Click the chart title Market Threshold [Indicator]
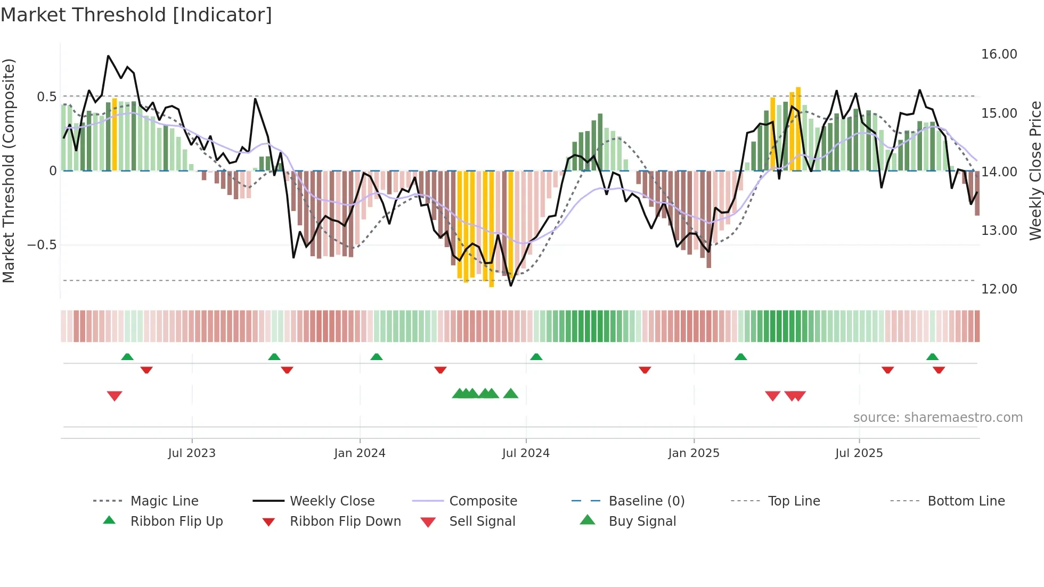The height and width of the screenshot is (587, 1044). point(136,15)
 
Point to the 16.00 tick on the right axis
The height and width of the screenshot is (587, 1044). point(999,54)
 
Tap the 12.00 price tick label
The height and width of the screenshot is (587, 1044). point(999,289)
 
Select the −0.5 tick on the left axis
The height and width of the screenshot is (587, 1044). point(42,245)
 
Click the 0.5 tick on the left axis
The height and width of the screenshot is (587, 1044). point(46,97)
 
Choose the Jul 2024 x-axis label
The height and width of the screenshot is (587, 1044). point(525,453)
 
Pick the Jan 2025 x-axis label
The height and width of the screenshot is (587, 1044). point(694,453)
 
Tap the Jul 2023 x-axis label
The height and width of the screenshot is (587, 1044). point(192,453)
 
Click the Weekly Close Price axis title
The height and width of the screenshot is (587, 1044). point(1035,170)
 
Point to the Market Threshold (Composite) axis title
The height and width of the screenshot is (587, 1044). point(9,170)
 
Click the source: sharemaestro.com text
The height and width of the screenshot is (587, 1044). point(937,418)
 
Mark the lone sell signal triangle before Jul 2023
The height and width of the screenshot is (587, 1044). point(115,396)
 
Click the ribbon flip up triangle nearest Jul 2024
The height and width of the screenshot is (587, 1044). point(536,357)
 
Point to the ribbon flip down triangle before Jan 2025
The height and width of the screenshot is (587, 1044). point(645,370)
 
